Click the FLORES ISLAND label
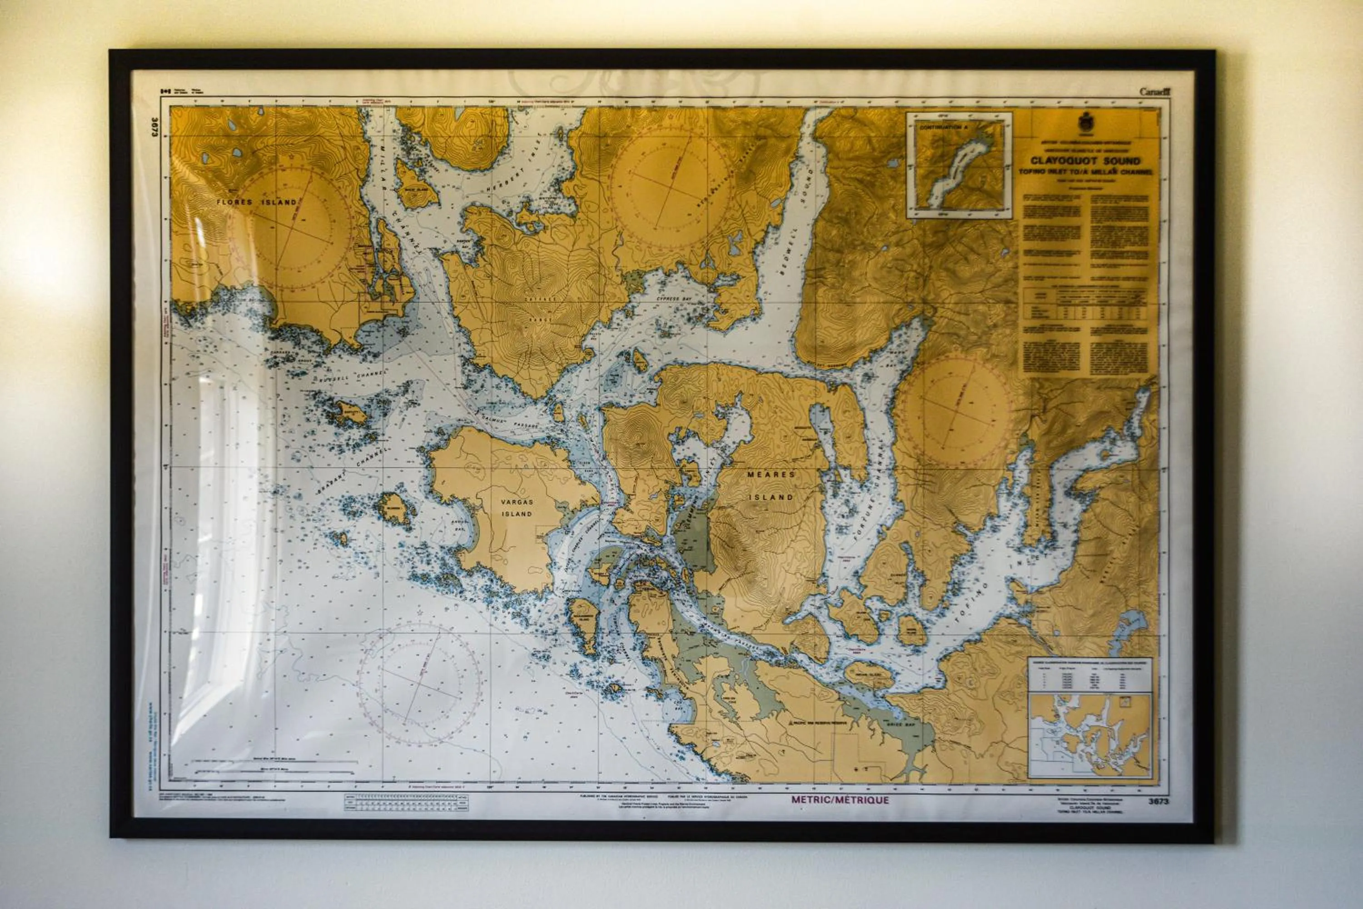(x=256, y=202)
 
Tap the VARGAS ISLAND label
(x=517, y=507)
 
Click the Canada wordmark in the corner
(x=1155, y=92)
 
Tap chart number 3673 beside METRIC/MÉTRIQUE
(x=1159, y=801)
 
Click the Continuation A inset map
(x=959, y=165)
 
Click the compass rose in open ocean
(x=419, y=684)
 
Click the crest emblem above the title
(x=1085, y=122)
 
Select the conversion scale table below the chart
(x=406, y=802)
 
